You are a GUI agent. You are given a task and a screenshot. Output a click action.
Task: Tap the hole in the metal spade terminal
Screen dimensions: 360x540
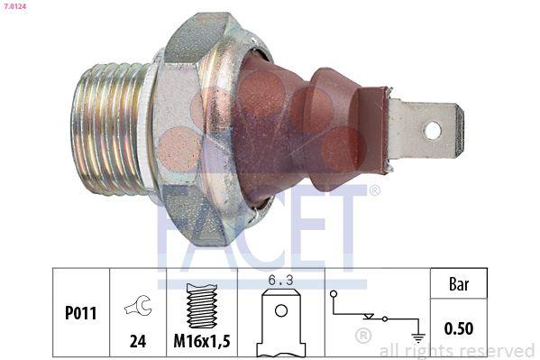[x=433, y=130]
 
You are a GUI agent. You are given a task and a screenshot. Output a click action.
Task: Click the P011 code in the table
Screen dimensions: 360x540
[x=80, y=314]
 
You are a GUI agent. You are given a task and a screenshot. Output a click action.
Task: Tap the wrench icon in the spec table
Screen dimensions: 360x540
[x=137, y=307]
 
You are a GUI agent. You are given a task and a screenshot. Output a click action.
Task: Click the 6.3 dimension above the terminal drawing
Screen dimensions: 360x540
[x=280, y=280]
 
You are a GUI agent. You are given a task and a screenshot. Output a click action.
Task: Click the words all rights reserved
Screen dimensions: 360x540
[x=457, y=351]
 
